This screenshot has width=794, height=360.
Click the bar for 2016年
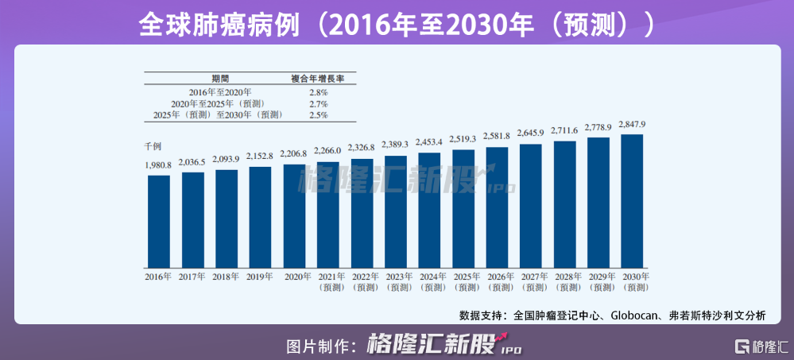(x=159, y=220)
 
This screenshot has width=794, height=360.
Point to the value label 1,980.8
(x=159, y=165)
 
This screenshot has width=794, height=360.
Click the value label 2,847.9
(x=632, y=125)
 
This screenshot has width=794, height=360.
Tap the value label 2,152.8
(x=260, y=156)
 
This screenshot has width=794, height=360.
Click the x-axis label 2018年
(x=227, y=277)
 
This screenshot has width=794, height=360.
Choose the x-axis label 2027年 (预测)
(x=531, y=281)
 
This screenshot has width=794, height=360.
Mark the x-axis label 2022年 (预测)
(x=362, y=281)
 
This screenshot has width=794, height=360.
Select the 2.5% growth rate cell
(x=319, y=115)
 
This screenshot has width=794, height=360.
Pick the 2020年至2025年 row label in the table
(x=218, y=104)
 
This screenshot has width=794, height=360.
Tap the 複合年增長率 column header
(x=319, y=79)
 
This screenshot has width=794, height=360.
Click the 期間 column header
(x=220, y=79)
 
